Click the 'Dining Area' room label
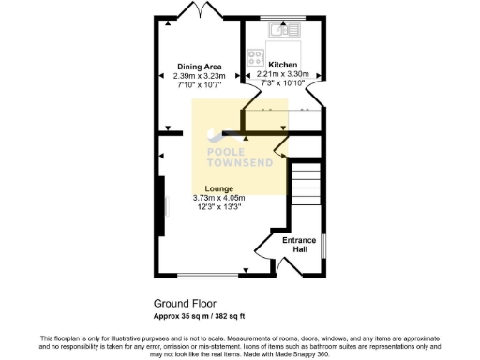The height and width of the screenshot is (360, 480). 199,66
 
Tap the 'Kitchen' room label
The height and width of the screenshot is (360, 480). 282,64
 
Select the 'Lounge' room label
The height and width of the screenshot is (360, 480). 218,188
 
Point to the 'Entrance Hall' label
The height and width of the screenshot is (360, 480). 298,245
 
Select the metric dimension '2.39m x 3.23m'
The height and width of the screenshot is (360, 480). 199,75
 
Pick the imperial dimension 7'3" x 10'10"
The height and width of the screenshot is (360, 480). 282,82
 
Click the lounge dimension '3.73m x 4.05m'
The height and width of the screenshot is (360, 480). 218,198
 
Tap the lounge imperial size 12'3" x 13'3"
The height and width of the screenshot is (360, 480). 218,207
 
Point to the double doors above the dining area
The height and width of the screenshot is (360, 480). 200,11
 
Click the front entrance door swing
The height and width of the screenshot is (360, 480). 265,259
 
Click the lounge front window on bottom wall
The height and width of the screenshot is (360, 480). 208,275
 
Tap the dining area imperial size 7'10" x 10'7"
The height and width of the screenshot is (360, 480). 199,84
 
